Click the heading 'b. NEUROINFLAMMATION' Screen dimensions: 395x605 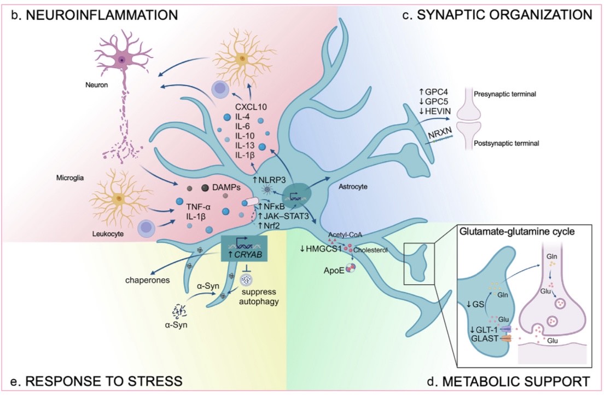click(x=96, y=15)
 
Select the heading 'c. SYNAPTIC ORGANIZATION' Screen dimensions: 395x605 click(x=497, y=15)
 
